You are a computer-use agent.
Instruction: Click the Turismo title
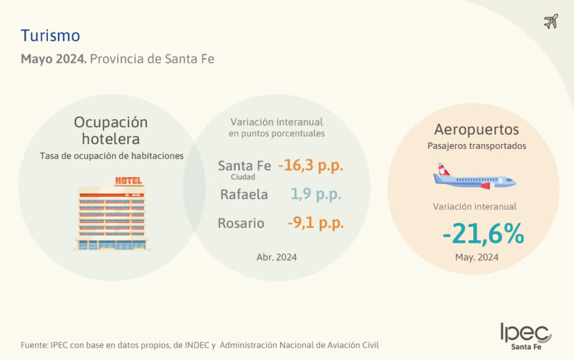click(50, 36)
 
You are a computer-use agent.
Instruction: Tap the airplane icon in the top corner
click(551, 22)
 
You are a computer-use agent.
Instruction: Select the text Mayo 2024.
click(54, 59)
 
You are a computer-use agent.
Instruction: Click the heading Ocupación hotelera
click(111, 130)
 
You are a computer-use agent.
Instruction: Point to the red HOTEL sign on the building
click(129, 180)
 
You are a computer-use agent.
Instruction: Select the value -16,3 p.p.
click(311, 166)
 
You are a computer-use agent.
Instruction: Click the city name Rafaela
click(244, 194)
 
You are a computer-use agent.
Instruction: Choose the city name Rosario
click(241, 223)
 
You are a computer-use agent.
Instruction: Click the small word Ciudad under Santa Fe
click(243, 177)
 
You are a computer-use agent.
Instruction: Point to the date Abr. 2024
click(276, 257)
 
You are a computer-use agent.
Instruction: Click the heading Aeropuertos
click(477, 129)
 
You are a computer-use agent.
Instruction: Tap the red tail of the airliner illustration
click(443, 169)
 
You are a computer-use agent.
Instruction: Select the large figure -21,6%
click(483, 234)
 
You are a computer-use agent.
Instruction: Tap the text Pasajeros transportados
click(477, 146)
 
